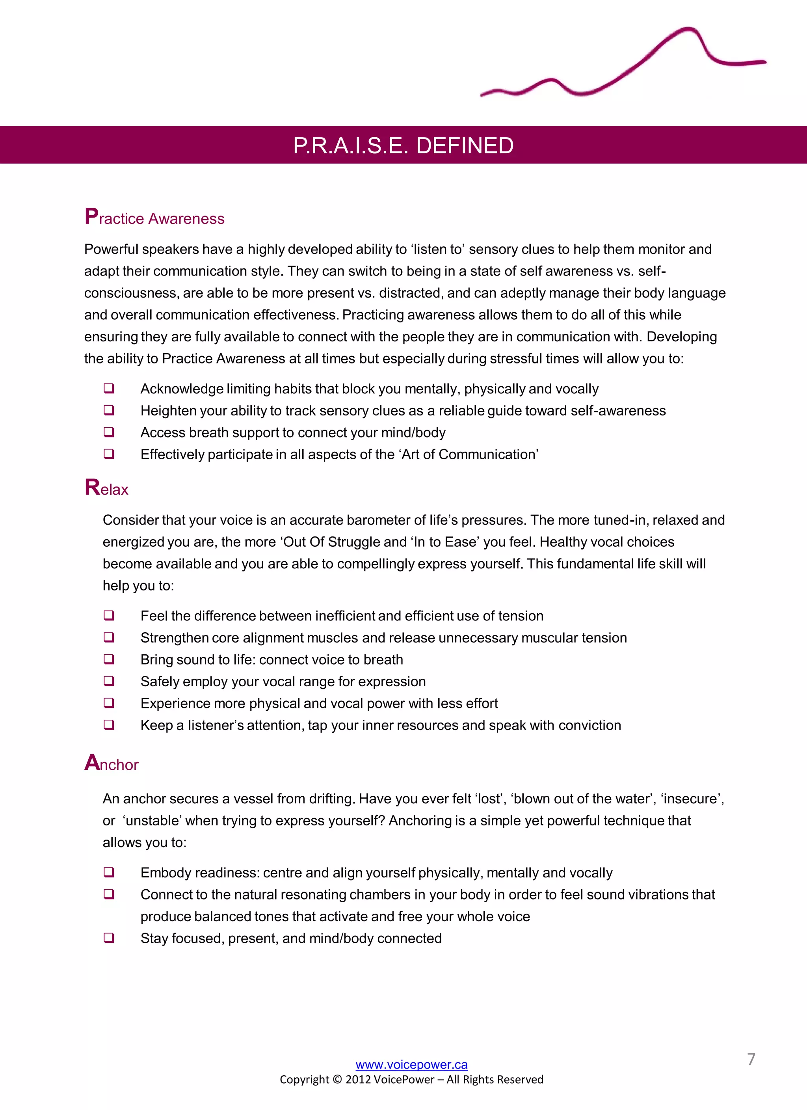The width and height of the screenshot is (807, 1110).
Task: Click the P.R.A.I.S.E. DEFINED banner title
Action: pyautogui.click(x=403, y=145)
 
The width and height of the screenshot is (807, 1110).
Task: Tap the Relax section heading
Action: pyautogui.click(x=106, y=488)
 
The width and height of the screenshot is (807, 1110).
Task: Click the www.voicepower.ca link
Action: pyautogui.click(x=411, y=1065)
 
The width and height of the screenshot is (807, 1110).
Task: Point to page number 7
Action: pyautogui.click(x=751, y=1059)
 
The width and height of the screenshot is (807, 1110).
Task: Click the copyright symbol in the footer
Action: pyautogui.click(x=337, y=1080)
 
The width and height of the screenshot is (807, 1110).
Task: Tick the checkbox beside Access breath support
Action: pyautogui.click(x=109, y=432)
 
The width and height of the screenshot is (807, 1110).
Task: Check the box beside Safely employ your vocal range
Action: pyautogui.click(x=109, y=681)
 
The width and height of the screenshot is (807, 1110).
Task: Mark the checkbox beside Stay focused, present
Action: pyautogui.click(x=109, y=938)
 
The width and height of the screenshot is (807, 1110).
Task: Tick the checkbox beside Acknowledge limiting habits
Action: pyautogui.click(x=109, y=388)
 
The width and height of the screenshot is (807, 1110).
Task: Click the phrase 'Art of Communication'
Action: pyautogui.click(x=470, y=454)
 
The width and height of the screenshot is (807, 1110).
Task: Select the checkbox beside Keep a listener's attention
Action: pyautogui.click(x=109, y=725)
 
